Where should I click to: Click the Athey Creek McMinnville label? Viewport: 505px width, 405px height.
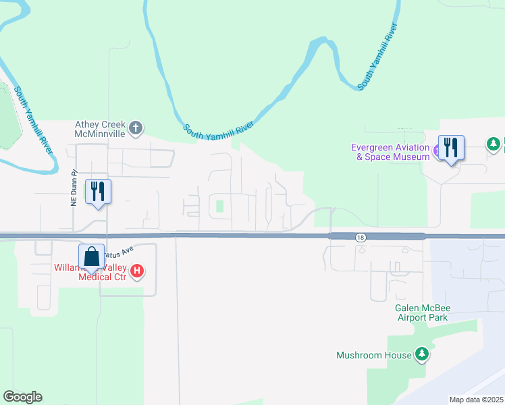pos(100,129)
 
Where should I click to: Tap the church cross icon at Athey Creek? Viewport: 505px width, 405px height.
pos(136,128)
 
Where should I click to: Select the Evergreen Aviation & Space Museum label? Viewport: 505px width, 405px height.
pos(390,152)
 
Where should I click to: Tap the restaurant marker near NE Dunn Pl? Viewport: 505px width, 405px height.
pos(98,192)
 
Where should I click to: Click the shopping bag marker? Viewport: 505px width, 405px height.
pos(91,257)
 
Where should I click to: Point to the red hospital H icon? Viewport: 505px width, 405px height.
pos(137,271)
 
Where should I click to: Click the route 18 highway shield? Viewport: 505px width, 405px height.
pos(361,237)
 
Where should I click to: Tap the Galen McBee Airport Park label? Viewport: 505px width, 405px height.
pos(423,313)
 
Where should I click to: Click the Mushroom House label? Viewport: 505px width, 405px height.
pos(374,355)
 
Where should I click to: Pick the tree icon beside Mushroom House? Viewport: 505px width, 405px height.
pos(422,354)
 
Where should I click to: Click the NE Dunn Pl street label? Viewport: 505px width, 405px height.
pos(75,188)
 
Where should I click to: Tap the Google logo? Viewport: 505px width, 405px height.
pos(22,397)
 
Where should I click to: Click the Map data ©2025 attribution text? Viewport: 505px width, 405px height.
pos(476,400)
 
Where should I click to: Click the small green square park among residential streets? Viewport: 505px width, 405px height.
pos(219,205)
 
